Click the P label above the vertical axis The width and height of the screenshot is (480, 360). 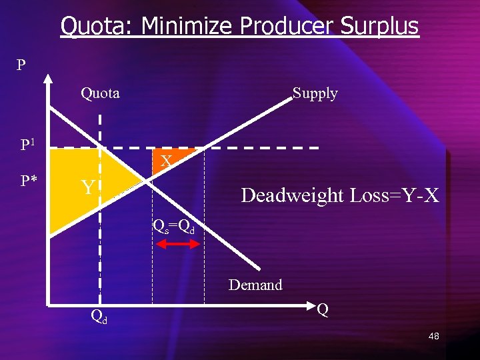(x=22, y=65)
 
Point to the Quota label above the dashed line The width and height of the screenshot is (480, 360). (x=100, y=93)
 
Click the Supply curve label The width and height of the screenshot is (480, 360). (x=315, y=93)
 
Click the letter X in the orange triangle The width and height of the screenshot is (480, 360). (x=167, y=161)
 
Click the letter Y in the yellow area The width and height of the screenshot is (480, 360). (x=87, y=188)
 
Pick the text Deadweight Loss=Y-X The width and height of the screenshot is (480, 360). (x=340, y=195)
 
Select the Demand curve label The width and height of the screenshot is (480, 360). (x=255, y=285)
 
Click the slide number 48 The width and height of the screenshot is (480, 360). (x=433, y=337)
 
